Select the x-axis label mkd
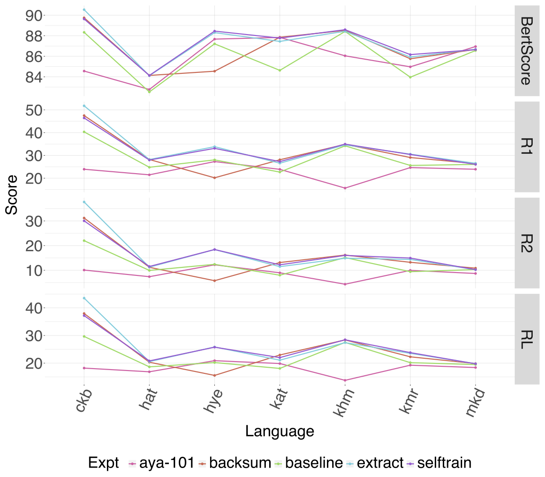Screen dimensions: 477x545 pyautogui.click(x=474, y=404)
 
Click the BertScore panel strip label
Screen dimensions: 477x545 pyautogui.click(x=527, y=51)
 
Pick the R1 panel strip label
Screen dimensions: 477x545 pyautogui.click(x=527, y=147)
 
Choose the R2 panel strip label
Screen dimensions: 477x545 pyautogui.click(x=527, y=243)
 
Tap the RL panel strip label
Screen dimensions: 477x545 pyautogui.click(x=527, y=339)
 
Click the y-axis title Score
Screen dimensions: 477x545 pyautogui.click(x=11, y=194)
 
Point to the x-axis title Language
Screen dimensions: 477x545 pyautogui.click(x=279, y=431)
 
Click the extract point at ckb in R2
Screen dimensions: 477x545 pyautogui.click(x=84, y=202)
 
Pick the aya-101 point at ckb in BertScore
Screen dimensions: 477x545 pyautogui.click(x=84, y=71)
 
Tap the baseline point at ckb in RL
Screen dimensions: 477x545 pyautogui.click(x=84, y=336)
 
